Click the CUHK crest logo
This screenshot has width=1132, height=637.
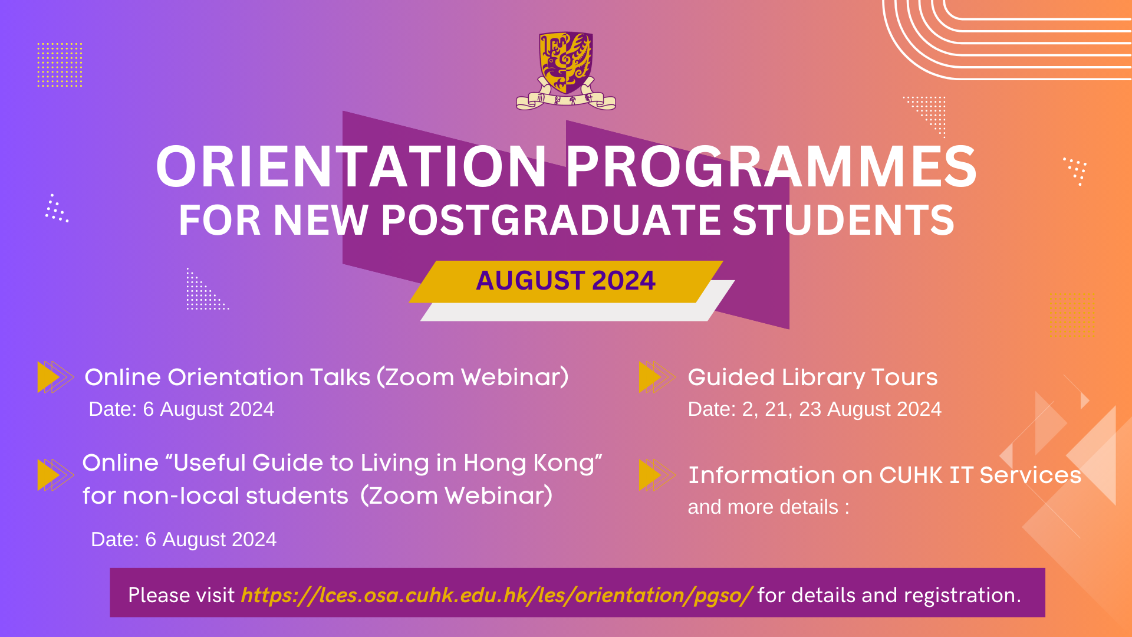[x=566, y=71]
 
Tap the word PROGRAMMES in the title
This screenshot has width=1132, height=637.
[x=772, y=167]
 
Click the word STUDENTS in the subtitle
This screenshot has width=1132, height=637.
[x=843, y=220]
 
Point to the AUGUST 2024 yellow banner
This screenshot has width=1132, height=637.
[x=566, y=281]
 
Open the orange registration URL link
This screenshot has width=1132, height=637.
[x=496, y=595]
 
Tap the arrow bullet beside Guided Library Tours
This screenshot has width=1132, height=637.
[x=657, y=377]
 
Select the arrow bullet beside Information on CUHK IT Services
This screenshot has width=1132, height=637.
[x=657, y=475]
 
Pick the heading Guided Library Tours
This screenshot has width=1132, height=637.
[x=812, y=377]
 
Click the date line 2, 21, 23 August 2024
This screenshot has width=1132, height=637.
[x=814, y=409]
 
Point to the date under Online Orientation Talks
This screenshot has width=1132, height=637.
[x=182, y=409]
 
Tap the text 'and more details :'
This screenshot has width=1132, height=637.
[x=769, y=507]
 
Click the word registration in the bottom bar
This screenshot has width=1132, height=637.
[x=959, y=596]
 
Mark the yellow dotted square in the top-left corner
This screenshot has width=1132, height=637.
[x=60, y=65]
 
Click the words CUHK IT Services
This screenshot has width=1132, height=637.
[x=980, y=475]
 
